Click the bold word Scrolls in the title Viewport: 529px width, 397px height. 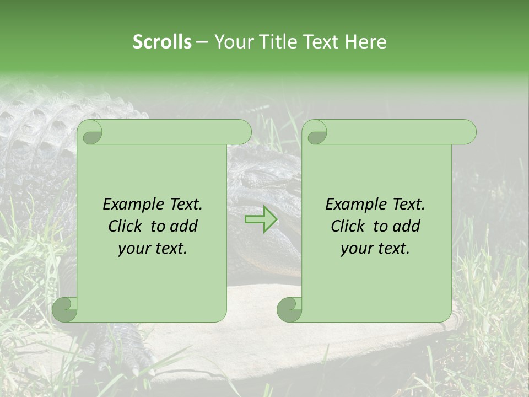click(163, 42)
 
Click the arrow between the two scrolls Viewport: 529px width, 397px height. click(261, 219)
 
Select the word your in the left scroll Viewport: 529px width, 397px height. click(134, 249)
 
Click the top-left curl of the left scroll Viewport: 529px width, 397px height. click(90, 132)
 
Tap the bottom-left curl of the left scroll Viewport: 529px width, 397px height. click(65, 310)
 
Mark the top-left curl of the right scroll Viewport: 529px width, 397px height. click(316, 133)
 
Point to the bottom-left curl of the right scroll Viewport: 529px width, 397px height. click(289, 309)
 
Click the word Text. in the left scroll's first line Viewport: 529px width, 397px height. click(183, 205)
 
